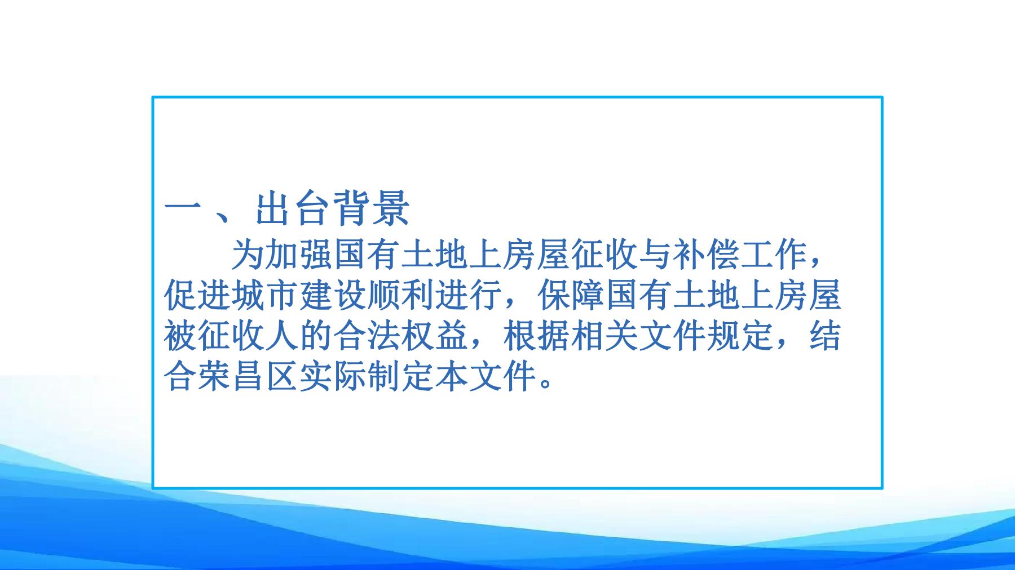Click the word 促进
point(197,296)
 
